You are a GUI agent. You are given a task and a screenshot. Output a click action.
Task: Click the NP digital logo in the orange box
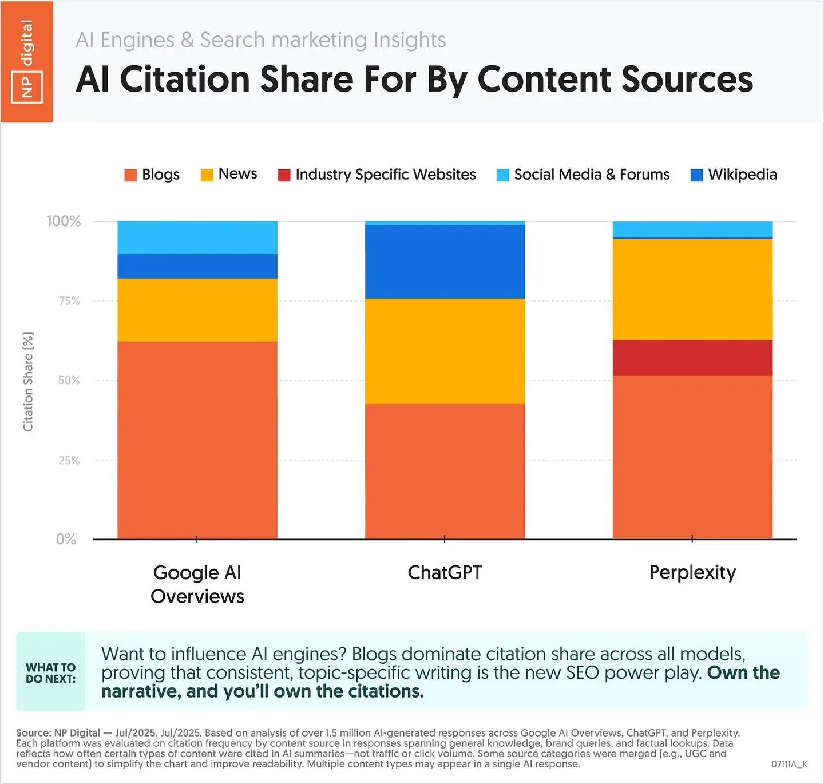[x=27, y=62]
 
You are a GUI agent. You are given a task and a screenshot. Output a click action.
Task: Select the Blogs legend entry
[x=152, y=175]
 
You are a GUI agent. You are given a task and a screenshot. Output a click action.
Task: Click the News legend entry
[x=229, y=174]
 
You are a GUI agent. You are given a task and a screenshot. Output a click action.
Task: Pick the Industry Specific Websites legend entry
[x=377, y=175]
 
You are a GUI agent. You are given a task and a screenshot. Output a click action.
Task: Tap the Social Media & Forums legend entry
[x=583, y=175]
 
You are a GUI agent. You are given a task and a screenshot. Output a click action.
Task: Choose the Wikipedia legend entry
[x=734, y=175]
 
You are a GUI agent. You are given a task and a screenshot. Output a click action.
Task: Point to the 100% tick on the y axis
[x=64, y=221]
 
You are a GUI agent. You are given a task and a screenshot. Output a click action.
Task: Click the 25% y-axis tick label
[x=69, y=460]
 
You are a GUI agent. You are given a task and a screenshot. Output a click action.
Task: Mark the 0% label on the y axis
[x=66, y=539]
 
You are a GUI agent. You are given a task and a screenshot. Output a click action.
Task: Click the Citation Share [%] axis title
[x=28, y=382]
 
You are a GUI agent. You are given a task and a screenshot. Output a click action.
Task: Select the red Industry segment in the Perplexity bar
[x=692, y=358]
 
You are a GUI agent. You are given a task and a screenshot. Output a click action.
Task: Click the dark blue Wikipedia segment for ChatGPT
[x=445, y=262]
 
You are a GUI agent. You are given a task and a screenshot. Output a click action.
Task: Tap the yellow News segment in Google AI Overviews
[x=197, y=310]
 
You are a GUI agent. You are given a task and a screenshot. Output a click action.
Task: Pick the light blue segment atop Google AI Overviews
[x=197, y=237]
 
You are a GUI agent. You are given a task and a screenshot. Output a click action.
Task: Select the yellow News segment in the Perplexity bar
[x=692, y=290]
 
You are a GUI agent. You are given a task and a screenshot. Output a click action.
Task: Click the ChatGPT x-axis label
[x=445, y=572]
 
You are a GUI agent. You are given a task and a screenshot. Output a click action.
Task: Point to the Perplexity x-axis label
[x=692, y=572]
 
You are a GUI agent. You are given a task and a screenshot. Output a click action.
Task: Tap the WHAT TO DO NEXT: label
[x=50, y=673]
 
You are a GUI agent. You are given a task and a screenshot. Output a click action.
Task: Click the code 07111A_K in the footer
[x=789, y=764]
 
